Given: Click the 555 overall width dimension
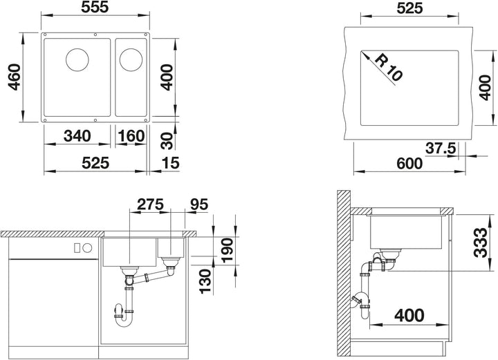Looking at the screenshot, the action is (x=95, y=7).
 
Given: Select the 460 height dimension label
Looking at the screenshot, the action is (x=15, y=77).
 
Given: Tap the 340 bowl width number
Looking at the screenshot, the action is (x=77, y=136).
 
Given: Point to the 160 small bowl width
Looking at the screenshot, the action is (x=131, y=136).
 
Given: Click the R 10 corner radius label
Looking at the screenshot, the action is (x=389, y=67).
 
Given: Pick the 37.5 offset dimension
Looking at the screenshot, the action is (x=441, y=148).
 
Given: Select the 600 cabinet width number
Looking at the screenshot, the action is (x=409, y=163).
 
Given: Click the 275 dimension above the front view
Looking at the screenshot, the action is (x=150, y=205).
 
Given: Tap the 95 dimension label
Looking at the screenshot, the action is (x=199, y=205).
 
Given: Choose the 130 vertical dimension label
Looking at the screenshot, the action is (x=205, y=281).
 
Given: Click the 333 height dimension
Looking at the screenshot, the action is (x=480, y=243).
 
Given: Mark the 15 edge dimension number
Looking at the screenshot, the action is (x=171, y=163).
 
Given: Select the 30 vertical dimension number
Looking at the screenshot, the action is (x=167, y=141).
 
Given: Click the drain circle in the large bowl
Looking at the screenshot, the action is (x=77, y=59).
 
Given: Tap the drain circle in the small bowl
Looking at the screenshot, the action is (x=131, y=59).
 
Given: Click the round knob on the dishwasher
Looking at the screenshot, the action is (x=88, y=248).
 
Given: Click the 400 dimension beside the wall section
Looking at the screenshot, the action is (x=409, y=315).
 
